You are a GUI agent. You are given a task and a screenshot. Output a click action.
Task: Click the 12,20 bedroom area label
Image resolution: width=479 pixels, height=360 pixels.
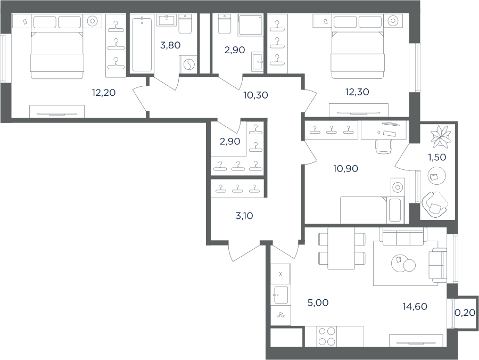pos(104,92)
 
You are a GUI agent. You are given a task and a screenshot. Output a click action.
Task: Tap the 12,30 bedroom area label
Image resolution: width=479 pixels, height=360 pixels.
pos(357,92)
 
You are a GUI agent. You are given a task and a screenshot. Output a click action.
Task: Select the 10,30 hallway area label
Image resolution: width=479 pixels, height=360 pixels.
pos(255,95)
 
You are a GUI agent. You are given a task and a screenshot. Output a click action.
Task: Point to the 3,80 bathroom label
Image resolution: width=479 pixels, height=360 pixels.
pos(170,45)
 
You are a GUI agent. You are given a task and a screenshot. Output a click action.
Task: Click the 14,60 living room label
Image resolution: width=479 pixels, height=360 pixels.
pos(415,306)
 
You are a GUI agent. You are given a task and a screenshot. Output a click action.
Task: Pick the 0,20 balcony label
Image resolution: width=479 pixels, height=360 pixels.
pos(465,312)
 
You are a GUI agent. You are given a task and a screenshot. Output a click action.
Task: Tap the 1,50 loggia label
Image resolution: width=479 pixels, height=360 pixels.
pos(437,157)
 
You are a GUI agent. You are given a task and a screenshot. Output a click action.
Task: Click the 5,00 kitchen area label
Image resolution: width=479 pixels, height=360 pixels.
pos(318,302)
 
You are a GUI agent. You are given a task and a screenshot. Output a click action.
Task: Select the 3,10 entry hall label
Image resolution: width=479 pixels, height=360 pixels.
pos(244,216)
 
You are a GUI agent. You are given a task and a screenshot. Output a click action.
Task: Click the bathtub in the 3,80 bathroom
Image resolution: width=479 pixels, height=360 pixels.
pos(142,44)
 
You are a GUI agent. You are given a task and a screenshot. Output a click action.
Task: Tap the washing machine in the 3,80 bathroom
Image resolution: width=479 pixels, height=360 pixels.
pos(188,64)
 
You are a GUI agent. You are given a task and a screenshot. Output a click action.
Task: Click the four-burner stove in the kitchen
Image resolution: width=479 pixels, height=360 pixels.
pos(327,337)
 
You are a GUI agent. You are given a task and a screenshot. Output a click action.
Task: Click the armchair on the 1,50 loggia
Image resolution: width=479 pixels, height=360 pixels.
pos(434,204)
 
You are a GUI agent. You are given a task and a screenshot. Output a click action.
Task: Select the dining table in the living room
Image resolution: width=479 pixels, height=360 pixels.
pos(341,248)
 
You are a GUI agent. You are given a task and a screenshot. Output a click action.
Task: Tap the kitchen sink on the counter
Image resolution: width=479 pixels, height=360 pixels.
pos(280,294)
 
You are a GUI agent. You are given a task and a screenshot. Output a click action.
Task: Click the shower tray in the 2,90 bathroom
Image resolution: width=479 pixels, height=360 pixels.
pos(251,24)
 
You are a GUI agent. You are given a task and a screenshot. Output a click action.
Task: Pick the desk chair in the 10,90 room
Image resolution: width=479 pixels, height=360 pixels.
pos(384,146)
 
